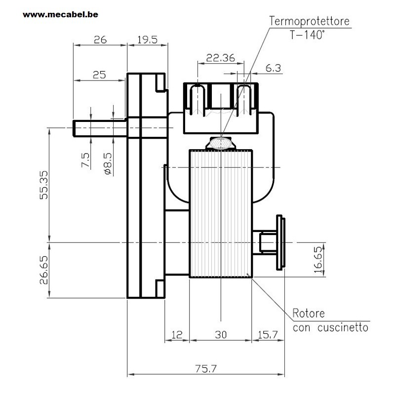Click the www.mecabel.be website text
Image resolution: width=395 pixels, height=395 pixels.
tap(60, 15)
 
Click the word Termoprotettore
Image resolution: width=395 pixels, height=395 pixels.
tap(310, 21)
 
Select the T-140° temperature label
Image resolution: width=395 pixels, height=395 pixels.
tap(307, 35)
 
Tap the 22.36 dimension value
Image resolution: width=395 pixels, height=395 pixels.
tap(220, 58)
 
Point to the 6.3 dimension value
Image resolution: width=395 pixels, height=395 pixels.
tap(273, 68)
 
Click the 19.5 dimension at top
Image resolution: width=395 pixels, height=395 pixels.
tap(147, 40)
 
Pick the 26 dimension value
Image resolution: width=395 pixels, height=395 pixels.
tap(100, 40)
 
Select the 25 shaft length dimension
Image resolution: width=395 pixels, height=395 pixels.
tap(99, 75)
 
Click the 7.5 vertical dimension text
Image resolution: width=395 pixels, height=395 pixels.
tap(85, 160)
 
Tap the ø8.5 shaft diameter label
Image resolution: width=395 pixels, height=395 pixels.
tap(108, 164)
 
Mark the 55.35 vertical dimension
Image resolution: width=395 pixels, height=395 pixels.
tap(43, 185)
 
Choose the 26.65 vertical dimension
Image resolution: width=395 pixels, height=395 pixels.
tap(43, 270)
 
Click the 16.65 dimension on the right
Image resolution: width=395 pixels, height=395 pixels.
tap(318, 260)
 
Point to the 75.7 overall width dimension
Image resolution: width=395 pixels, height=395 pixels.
tap(206, 369)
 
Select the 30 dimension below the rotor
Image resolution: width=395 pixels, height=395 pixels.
tap(221, 335)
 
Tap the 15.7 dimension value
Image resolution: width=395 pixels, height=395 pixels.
tap(268, 335)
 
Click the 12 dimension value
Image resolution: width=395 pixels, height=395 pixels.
tap(177, 335)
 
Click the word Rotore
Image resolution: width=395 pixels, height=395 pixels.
tap(309, 314)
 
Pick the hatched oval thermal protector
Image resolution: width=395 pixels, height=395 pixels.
tap(221, 143)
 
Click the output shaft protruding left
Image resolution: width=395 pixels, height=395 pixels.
tap(100, 128)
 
